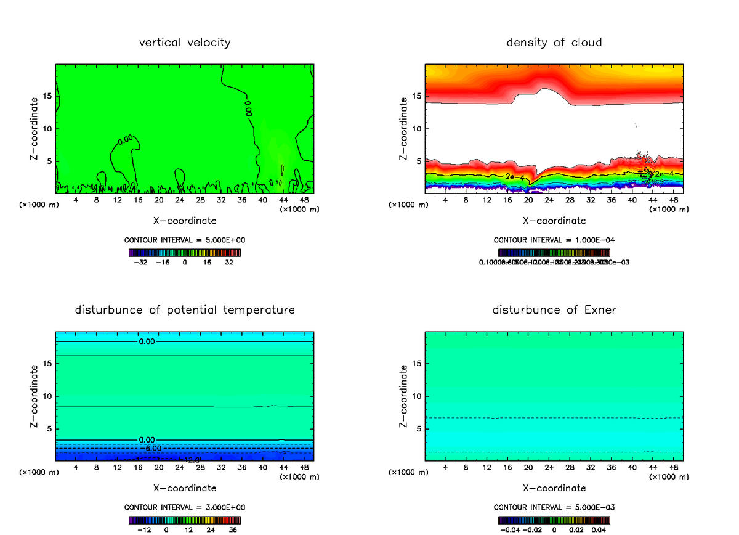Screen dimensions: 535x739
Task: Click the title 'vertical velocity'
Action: (185, 43)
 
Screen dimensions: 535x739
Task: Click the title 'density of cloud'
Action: (554, 43)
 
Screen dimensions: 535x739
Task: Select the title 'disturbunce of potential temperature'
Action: (185, 309)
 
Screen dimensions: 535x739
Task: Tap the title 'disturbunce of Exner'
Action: (554, 309)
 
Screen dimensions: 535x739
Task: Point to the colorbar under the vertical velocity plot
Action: (185, 253)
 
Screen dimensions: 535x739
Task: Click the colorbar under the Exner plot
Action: (554, 520)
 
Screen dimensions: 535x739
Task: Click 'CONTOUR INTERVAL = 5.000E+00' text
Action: (185, 240)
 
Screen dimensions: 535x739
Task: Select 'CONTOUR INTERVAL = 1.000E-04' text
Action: (554, 240)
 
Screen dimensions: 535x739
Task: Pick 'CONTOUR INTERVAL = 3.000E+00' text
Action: (185, 507)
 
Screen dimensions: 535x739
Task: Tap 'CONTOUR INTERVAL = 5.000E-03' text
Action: (554, 507)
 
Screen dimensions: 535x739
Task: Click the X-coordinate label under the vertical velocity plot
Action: (185, 220)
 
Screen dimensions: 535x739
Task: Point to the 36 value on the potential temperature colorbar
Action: (232, 529)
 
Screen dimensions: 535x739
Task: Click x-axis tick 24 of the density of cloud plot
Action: (549, 200)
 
